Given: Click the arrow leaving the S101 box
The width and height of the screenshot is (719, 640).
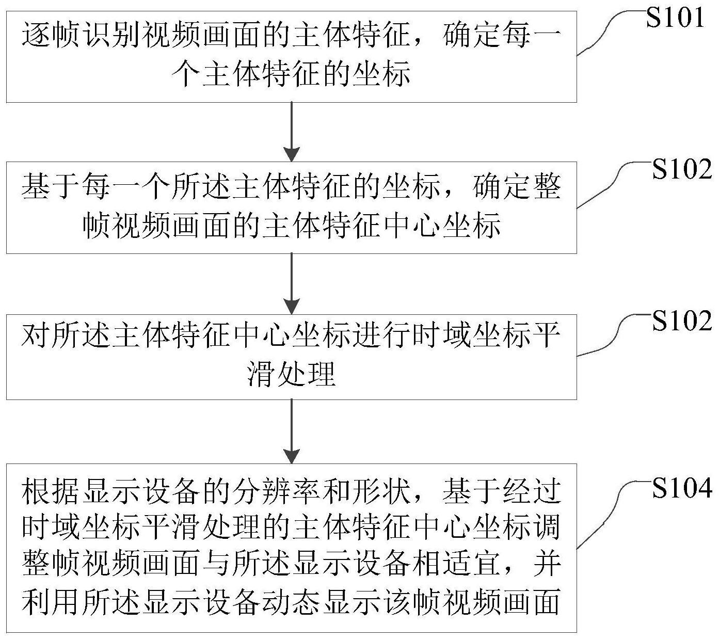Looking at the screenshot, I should [292, 132].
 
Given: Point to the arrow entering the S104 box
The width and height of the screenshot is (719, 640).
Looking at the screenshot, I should [292, 431].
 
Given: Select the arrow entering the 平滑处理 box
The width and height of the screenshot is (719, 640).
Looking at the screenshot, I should [292, 283].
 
